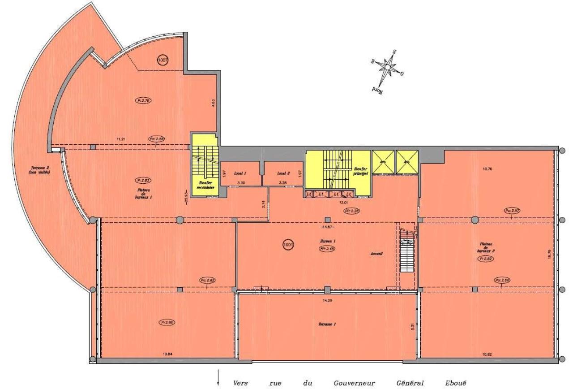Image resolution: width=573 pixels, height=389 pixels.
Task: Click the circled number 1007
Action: [163, 60]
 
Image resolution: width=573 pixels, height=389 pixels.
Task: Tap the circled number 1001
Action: [288, 245]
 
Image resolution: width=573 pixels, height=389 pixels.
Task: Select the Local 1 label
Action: [240, 173]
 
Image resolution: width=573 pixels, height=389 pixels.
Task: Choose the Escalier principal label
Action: [361, 170]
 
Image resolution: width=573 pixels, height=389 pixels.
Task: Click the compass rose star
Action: [387, 68]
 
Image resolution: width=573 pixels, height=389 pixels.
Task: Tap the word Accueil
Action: [376, 254]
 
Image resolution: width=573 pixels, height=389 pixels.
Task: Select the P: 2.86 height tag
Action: [167, 322]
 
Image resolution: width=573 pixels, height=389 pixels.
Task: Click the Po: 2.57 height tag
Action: [512, 210]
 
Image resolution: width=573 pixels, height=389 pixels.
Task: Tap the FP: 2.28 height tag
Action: [352, 211]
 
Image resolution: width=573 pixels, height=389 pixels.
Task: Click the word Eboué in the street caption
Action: [455, 383]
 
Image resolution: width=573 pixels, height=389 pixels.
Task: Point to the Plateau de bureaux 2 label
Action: [484, 249]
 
